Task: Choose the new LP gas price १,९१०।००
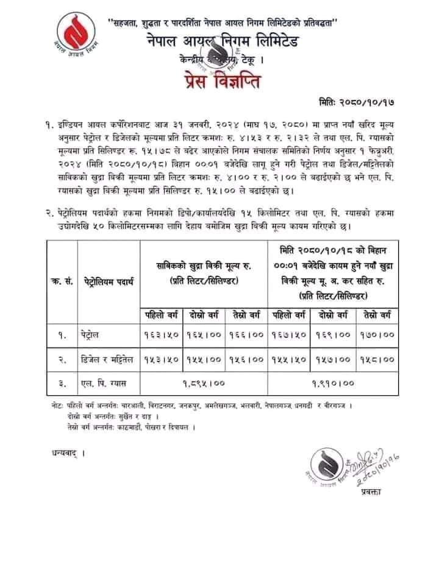coord(334,383)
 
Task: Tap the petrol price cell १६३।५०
coord(162,335)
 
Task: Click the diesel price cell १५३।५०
coord(162,359)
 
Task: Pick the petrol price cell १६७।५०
coord(291,335)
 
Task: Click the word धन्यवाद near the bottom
coord(63,453)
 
